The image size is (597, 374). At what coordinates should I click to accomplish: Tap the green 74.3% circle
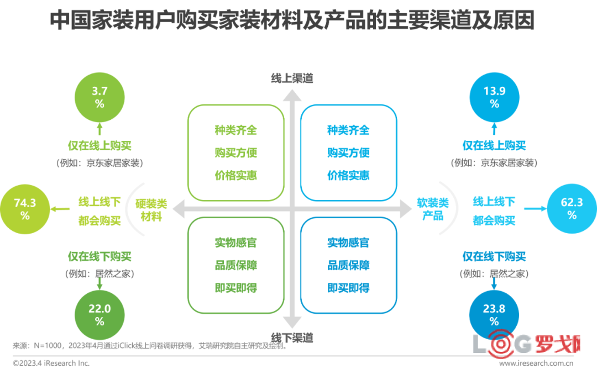(25, 209)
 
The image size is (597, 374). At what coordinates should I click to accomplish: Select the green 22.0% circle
(99, 315)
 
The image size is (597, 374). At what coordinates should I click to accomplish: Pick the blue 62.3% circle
(572, 209)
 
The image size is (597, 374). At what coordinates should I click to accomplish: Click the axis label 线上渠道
(292, 78)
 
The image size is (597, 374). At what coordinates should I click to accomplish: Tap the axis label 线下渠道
(292, 337)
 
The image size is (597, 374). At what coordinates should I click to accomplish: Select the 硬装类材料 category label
(151, 210)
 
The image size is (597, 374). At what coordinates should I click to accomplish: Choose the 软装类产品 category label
(433, 209)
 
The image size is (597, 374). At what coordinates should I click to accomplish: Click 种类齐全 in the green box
(236, 130)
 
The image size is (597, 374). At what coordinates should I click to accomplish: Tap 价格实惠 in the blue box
(348, 176)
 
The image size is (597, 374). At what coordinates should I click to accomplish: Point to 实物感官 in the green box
(236, 243)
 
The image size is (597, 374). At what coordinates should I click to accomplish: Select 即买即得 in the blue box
(348, 288)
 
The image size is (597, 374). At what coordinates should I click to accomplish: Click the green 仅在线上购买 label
(99, 146)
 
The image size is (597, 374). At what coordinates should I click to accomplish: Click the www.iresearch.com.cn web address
(536, 364)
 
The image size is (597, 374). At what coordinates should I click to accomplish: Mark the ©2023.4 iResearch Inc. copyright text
(51, 364)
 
